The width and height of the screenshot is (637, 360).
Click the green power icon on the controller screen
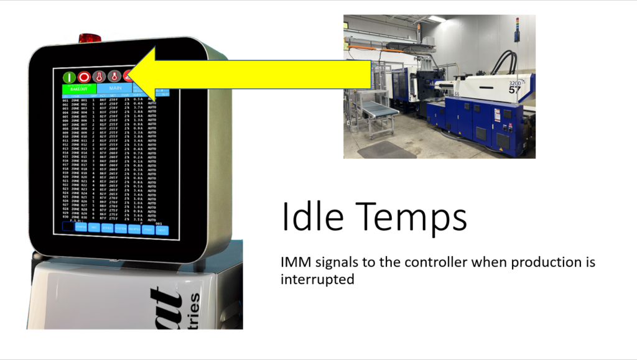click(x=69, y=77)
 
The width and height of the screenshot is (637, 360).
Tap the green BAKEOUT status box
click(x=79, y=90)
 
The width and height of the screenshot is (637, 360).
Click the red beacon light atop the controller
click(x=90, y=38)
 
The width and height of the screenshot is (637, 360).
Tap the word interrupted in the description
click(x=317, y=280)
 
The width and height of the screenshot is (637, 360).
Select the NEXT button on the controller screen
click(x=162, y=229)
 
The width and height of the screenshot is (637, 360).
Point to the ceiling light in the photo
click(x=436, y=19)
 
